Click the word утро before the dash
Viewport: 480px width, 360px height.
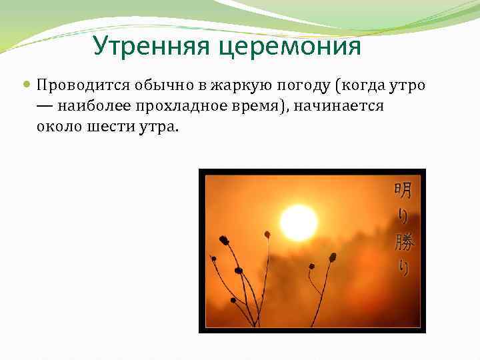[407, 87]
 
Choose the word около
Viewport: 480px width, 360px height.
[59, 127]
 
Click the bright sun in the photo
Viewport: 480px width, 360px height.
[299, 223]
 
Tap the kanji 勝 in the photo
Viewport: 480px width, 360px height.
[404, 242]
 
